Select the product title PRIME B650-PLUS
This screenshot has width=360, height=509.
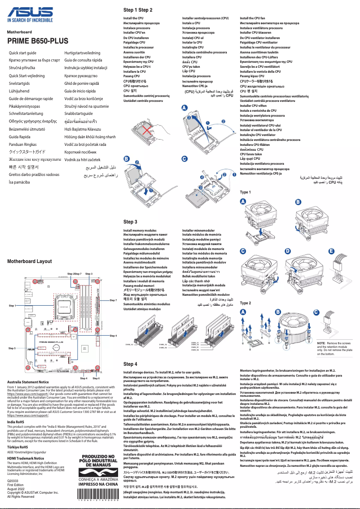tap(38, 41)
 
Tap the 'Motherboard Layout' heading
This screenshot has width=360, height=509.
tap(30, 261)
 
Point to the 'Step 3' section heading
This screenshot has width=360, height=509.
tap(130, 222)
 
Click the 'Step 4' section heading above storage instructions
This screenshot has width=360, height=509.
tap(130, 364)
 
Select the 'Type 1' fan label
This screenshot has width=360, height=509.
tap(246, 192)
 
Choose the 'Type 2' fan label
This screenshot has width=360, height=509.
tap(246, 303)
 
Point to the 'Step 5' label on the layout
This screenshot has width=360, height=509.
tap(12, 348)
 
